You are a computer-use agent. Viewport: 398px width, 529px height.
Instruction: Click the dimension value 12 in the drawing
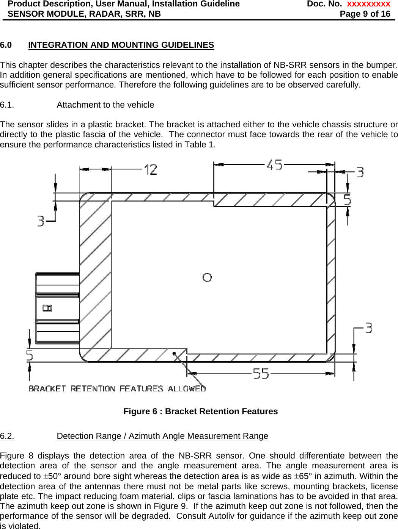pyautogui.click(x=151, y=169)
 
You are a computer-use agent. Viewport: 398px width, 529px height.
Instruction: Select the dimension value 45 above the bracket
pyautogui.click(x=274, y=165)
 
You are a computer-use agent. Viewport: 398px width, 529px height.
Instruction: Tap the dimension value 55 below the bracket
pyautogui.click(x=261, y=374)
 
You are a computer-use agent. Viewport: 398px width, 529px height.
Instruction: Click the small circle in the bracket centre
pyautogui.click(x=207, y=277)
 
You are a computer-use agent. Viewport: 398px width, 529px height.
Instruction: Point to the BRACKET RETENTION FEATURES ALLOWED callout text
pyautogui.click(x=117, y=388)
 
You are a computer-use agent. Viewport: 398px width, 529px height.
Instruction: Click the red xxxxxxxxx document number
pyautogui.click(x=368, y=4)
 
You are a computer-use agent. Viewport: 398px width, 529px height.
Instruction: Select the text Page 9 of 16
pyautogui.click(x=365, y=14)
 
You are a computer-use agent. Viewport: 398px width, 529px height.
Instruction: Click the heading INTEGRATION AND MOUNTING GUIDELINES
pyautogui.click(x=121, y=45)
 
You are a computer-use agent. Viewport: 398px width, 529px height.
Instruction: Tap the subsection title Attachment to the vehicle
pyautogui.click(x=105, y=105)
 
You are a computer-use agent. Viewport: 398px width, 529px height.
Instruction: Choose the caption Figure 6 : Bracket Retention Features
pyautogui.click(x=200, y=412)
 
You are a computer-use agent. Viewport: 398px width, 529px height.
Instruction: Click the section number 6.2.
pyautogui.click(x=7, y=436)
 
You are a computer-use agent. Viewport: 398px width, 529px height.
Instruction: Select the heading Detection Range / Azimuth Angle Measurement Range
pyautogui.click(x=162, y=436)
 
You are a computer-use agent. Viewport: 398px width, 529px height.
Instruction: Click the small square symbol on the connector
pyautogui.click(x=47, y=308)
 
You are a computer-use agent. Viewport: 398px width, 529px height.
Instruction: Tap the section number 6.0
pyautogui.click(x=6, y=45)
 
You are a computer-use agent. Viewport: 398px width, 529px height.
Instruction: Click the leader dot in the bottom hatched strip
pyautogui.click(x=174, y=354)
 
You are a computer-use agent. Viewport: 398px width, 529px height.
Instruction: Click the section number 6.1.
pyautogui.click(x=7, y=105)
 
